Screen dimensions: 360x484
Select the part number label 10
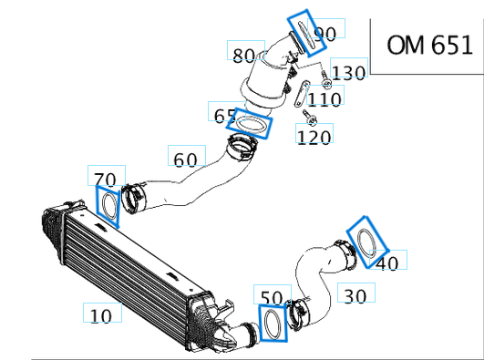[x=102, y=315]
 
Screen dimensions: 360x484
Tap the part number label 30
[x=355, y=294]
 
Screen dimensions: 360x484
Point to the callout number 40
[x=388, y=263]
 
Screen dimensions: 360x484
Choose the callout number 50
[x=272, y=297]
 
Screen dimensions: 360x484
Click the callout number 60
[x=185, y=159]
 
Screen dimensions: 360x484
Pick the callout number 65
[x=224, y=115]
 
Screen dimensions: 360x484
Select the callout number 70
[x=105, y=178]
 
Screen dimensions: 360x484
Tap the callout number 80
[x=243, y=55]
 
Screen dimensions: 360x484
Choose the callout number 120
[x=314, y=137]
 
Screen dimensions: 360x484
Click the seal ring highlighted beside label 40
[x=368, y=242]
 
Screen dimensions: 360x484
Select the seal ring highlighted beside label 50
[x=273, y=324]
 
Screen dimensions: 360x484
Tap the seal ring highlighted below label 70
[x=108, y=206]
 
